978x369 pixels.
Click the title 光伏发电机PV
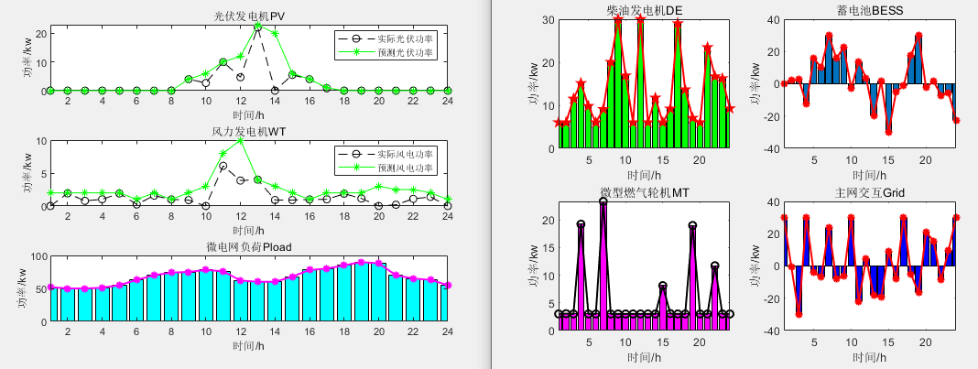click(x=248, y=16)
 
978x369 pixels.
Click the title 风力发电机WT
click(x=248, y=132)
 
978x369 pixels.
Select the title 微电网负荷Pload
click(x=248, y=247)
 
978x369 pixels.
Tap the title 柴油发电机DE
click(x=645, y=11)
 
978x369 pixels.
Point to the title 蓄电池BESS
click(x=864, y=11)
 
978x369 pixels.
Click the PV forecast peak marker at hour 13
click(x=257, y=27)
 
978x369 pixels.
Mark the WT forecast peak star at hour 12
click(x=240, y=141)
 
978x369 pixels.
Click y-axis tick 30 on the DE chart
click(x=547, y=19)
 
